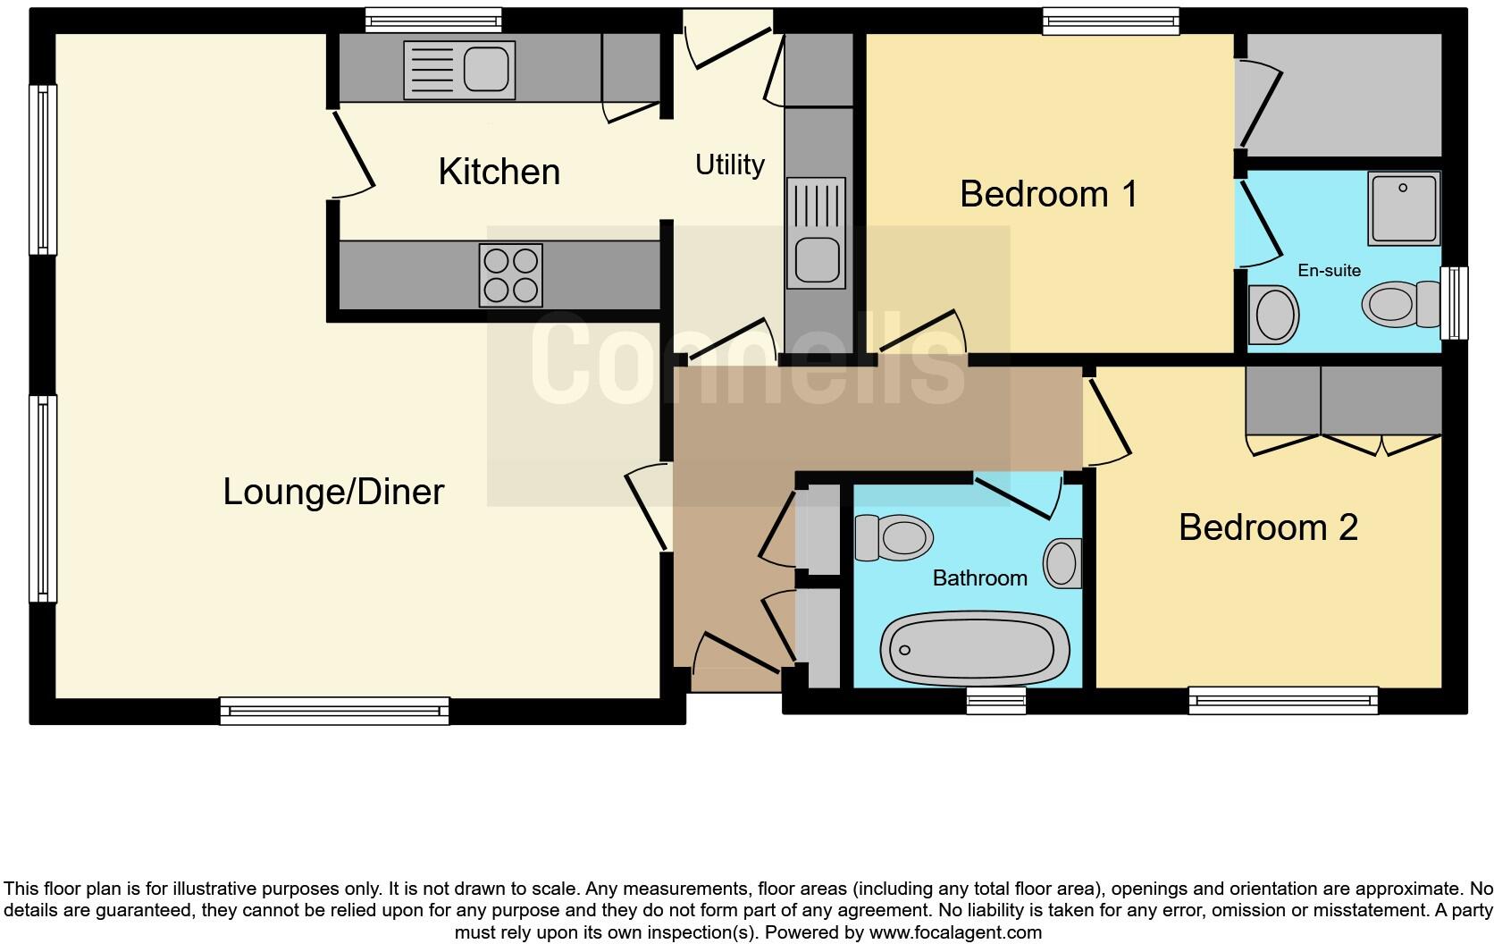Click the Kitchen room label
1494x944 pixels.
click(x=499, y=172)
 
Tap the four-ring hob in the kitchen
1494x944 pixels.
click(x=511, y=275)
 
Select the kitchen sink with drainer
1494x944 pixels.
click(x=459, y=69)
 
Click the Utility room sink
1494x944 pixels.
click(x=815, y=232)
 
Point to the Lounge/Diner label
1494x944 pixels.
click(x=333, y=492)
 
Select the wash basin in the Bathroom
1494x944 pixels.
click(x=1062, y=563)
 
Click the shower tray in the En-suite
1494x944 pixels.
click(x=1403, y=208)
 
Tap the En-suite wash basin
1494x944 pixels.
click(x=1274, y=315)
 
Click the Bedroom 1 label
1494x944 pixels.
click(x=1048, y=194)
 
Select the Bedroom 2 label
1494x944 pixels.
click(x=1268, y=527)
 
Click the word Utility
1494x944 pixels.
click(x=730, y=164)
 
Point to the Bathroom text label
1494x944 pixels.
click(x=979, y=578)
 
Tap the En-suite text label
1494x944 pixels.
click(x=1329, y=270)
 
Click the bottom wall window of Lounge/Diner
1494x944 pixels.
click(x=334, y=711)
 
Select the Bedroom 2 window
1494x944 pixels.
click(x=1283, y=701)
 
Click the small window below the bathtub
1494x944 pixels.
click(x=996, y=701)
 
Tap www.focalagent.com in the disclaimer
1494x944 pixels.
click(x=955, y=932)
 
